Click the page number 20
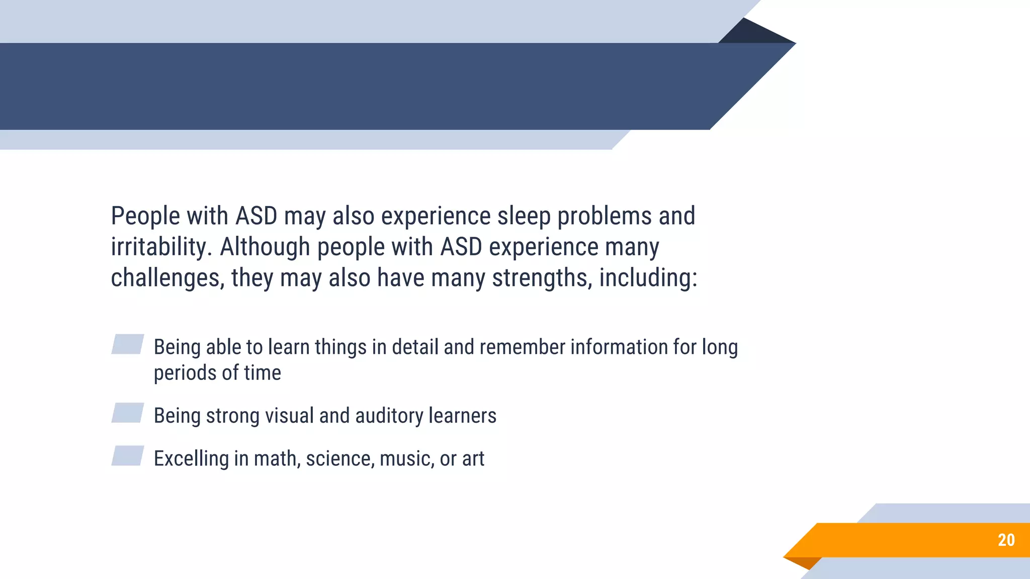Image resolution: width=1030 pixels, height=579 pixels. pyautogui.click(x=1006, y=540)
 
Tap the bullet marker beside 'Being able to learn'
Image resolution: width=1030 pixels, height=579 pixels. pyautogui.click(x=128, y=344)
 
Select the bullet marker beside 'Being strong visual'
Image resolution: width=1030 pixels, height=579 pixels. pyautogui.click(x=128, y=413)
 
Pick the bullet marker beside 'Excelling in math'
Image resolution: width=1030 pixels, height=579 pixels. pyautogui.click(x=128, y=456)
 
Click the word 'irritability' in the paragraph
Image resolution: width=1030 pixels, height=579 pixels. pyautogui.click(x=160, y=247)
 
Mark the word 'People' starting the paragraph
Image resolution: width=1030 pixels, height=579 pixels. pyautogui.click(x=145, y=216)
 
